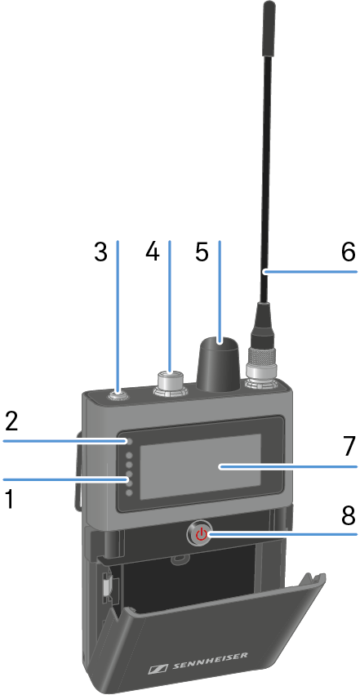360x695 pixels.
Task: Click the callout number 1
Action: pos(9,499)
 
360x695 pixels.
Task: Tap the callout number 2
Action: pos(11,421)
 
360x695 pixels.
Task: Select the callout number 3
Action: pos(101,252)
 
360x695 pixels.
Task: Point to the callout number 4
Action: pos(152,252)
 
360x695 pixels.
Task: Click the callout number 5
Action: pos(202,252)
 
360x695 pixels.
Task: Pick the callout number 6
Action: pos(348,252)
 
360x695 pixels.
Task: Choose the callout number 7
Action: pos(349,446)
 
